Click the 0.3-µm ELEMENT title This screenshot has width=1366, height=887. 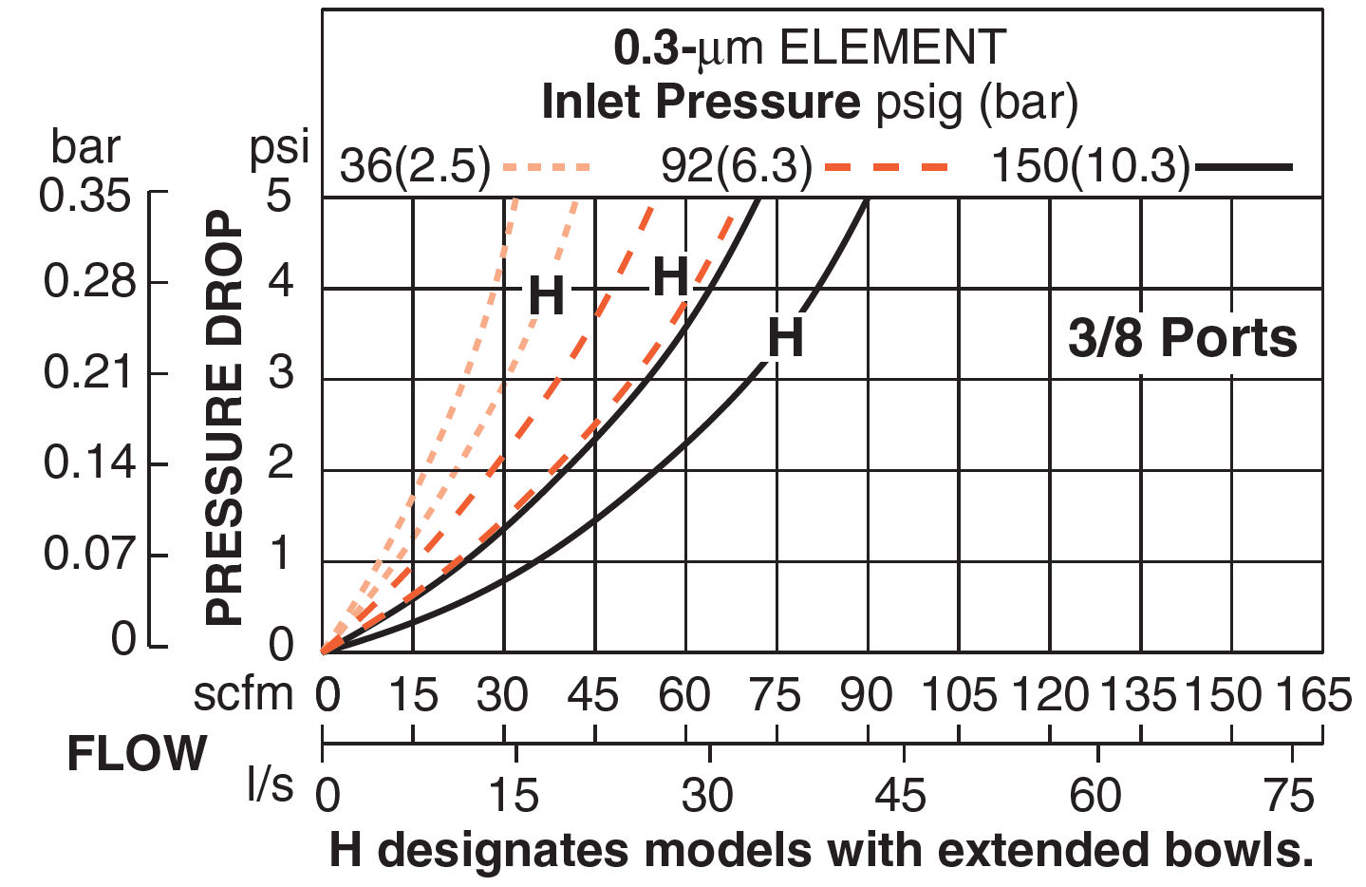(x=809, y=47)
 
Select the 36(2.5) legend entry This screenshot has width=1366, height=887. (x=416, y=167)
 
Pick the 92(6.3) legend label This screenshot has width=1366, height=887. (x=737, y=167)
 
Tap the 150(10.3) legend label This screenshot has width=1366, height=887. (x=1091, y=167)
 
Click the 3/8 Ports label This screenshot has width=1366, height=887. (x=1182, y=338)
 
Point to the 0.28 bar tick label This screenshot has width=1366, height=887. (x=89, y=282)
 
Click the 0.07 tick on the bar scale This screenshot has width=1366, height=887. (x=89, y=554)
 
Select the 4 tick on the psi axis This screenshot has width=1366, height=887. (x=280, y=282)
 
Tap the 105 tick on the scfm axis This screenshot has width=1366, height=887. (x=959, y=696)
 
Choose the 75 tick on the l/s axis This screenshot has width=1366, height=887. (x=1290, y=796)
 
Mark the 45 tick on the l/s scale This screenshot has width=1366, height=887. (x=901, y=796)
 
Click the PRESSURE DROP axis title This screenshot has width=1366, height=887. (x=224, y=418)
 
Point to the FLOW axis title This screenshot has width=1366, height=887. (x=137, y=755)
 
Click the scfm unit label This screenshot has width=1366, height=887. (x=244, y=695)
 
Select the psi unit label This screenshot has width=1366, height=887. (x=279, y=148)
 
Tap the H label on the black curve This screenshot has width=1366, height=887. (x=785, y=338)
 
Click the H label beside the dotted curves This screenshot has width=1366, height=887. (x=546, y=295)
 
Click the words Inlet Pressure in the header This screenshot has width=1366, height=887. (x=701, y=102)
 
